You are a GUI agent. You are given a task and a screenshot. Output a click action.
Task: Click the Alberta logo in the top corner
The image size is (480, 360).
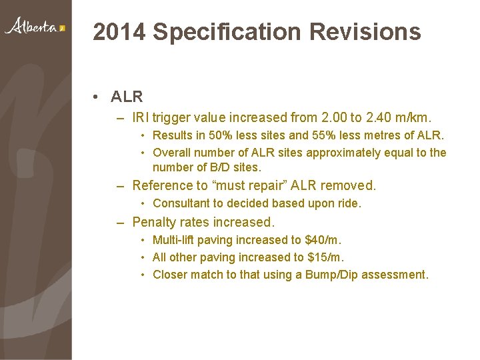(35, 27)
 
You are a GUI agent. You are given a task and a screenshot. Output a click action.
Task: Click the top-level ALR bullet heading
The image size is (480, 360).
(127, 97)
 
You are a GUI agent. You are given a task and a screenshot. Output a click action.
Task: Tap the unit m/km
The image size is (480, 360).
(417, 118)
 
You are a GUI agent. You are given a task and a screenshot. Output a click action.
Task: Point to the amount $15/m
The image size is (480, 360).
(326, 257)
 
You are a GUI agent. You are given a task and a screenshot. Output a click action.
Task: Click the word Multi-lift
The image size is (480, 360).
(175, 239)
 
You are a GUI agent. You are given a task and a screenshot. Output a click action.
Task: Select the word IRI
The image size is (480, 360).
(141, 118)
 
